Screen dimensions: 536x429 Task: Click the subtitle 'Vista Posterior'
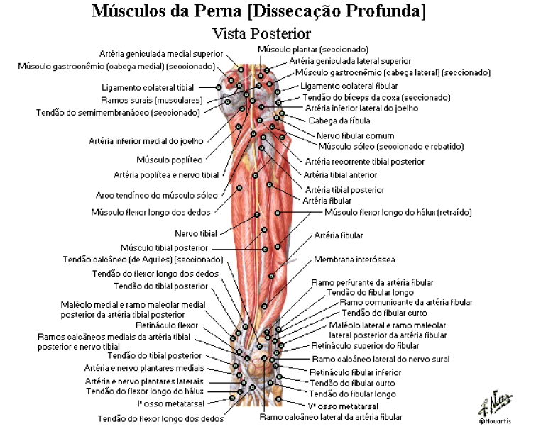pos(261,33)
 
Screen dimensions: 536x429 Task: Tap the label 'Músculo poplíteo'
pos(170,160)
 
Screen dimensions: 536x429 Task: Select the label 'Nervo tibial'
pos(196,233)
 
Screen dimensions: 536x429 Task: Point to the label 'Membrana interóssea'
pos(354,260)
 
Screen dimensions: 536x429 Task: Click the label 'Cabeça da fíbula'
pos(339,121)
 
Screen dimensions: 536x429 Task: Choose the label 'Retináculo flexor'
pos(167,325)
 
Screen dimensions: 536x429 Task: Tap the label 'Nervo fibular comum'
pos(355,135)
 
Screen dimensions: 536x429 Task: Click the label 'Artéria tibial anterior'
pos(340,175)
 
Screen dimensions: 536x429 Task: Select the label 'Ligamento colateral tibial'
pos(148,88)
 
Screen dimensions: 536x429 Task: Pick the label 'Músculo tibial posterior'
pos(164,248)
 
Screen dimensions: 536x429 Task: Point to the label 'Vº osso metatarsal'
pos(343,406)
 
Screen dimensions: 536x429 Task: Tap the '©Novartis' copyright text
pos(495,421)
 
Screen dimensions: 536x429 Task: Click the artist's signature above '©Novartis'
pos(496,403)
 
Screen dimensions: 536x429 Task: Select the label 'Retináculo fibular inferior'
pos(355,372)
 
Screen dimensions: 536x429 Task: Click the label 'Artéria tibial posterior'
pos(344,190)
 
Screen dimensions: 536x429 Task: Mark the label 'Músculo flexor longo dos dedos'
pos(151,213)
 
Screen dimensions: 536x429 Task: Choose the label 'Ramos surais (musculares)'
pos(152,101)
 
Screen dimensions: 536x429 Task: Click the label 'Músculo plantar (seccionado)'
pos(313,50)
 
